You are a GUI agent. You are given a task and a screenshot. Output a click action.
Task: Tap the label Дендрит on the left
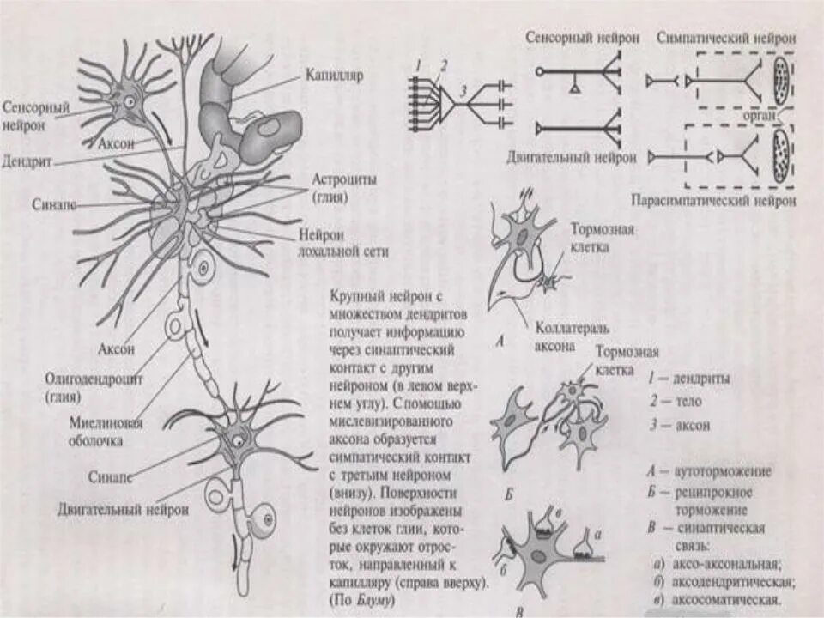pos(30,161)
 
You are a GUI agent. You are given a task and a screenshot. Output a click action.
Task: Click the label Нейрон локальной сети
pos(343,244)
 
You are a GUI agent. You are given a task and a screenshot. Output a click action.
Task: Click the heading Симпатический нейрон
pos(727,39)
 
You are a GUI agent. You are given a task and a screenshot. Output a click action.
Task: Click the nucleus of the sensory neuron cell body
pos(129,101)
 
